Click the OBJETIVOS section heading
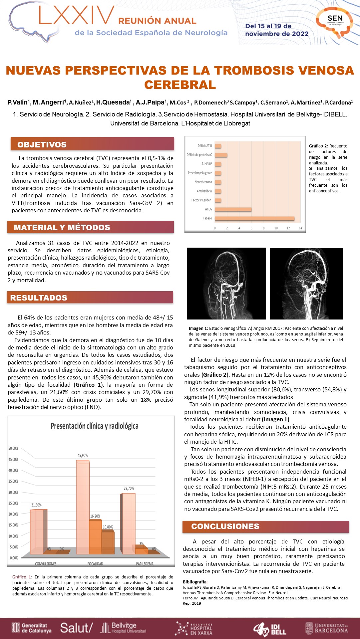[42, 145]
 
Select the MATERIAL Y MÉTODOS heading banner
[62, 228]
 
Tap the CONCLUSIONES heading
[225, 527]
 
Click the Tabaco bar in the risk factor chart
[255, 218]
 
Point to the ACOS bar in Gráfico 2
[233, 209]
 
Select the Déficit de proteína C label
[199, 155]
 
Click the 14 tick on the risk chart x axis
[300, 228]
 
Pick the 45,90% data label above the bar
[83, 456]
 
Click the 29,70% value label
[129, 489]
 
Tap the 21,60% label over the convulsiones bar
[36, 505]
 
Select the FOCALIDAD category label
[95, 564]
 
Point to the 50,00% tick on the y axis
[13, 449]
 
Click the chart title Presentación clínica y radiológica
[94, 426]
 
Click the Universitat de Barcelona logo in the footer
[327, 628]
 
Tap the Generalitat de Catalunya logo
[32, 628]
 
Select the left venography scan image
[226, 284]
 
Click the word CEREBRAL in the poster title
[180, 85]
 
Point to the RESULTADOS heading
[39, 298]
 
